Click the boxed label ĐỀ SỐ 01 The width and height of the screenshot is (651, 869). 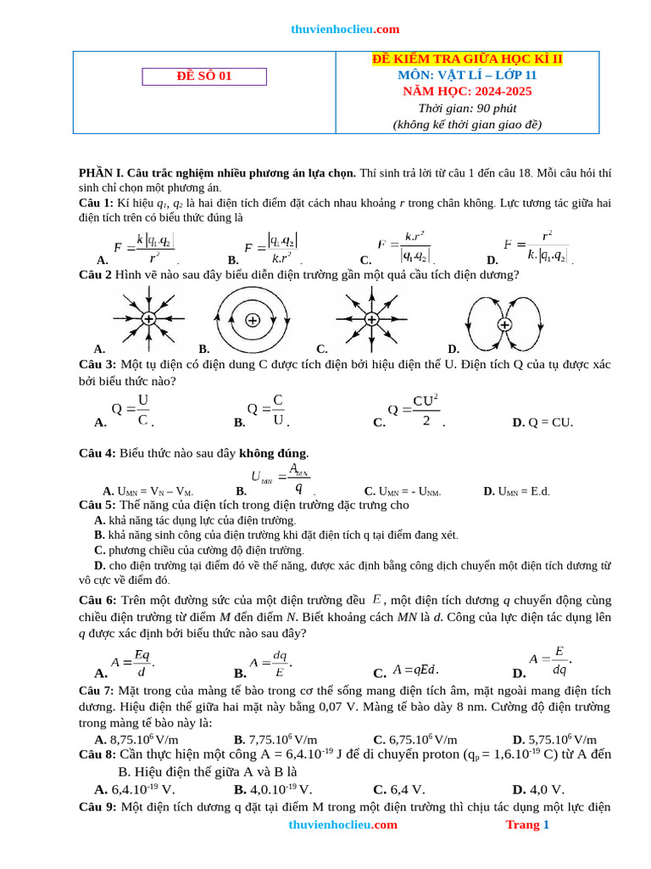point(203,76)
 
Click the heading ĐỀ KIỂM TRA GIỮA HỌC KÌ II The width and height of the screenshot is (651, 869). point(467,59)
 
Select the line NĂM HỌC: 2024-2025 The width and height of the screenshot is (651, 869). point(467,91)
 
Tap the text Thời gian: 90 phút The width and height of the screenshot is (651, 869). point(467,108)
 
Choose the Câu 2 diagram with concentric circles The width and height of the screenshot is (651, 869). point(252,320)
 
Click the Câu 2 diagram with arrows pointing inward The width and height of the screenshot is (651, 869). point(147,319)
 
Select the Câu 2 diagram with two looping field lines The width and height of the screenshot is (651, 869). point(504,324)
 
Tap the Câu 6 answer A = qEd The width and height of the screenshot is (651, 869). point(415,670)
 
